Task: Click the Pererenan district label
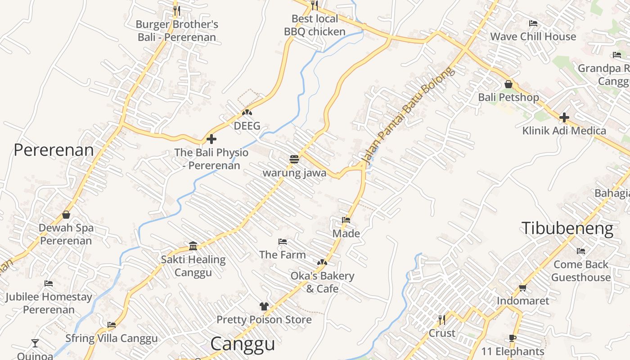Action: [54, 150]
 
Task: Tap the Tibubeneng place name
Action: [567, 229]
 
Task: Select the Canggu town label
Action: [243, 344]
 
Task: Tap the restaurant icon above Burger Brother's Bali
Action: [177, 10]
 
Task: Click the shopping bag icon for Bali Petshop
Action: [508, 84]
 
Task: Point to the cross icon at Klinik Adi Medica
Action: [564, 117]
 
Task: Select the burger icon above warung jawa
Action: [294, 159]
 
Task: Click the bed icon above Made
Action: [346, 220]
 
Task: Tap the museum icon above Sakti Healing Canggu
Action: [193, 246]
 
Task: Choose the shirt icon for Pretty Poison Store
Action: [264, 306]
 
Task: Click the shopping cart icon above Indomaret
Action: [523, 287]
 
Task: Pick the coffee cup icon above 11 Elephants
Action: [513, 338]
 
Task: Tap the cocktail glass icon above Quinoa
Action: [35, 343]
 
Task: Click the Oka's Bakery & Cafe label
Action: [322, 282]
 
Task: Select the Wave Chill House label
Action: [533, 36]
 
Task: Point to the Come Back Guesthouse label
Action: [580, 271]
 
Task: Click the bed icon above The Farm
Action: [283, 242]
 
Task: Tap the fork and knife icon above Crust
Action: [442, 319]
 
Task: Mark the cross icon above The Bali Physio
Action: [211, 139]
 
